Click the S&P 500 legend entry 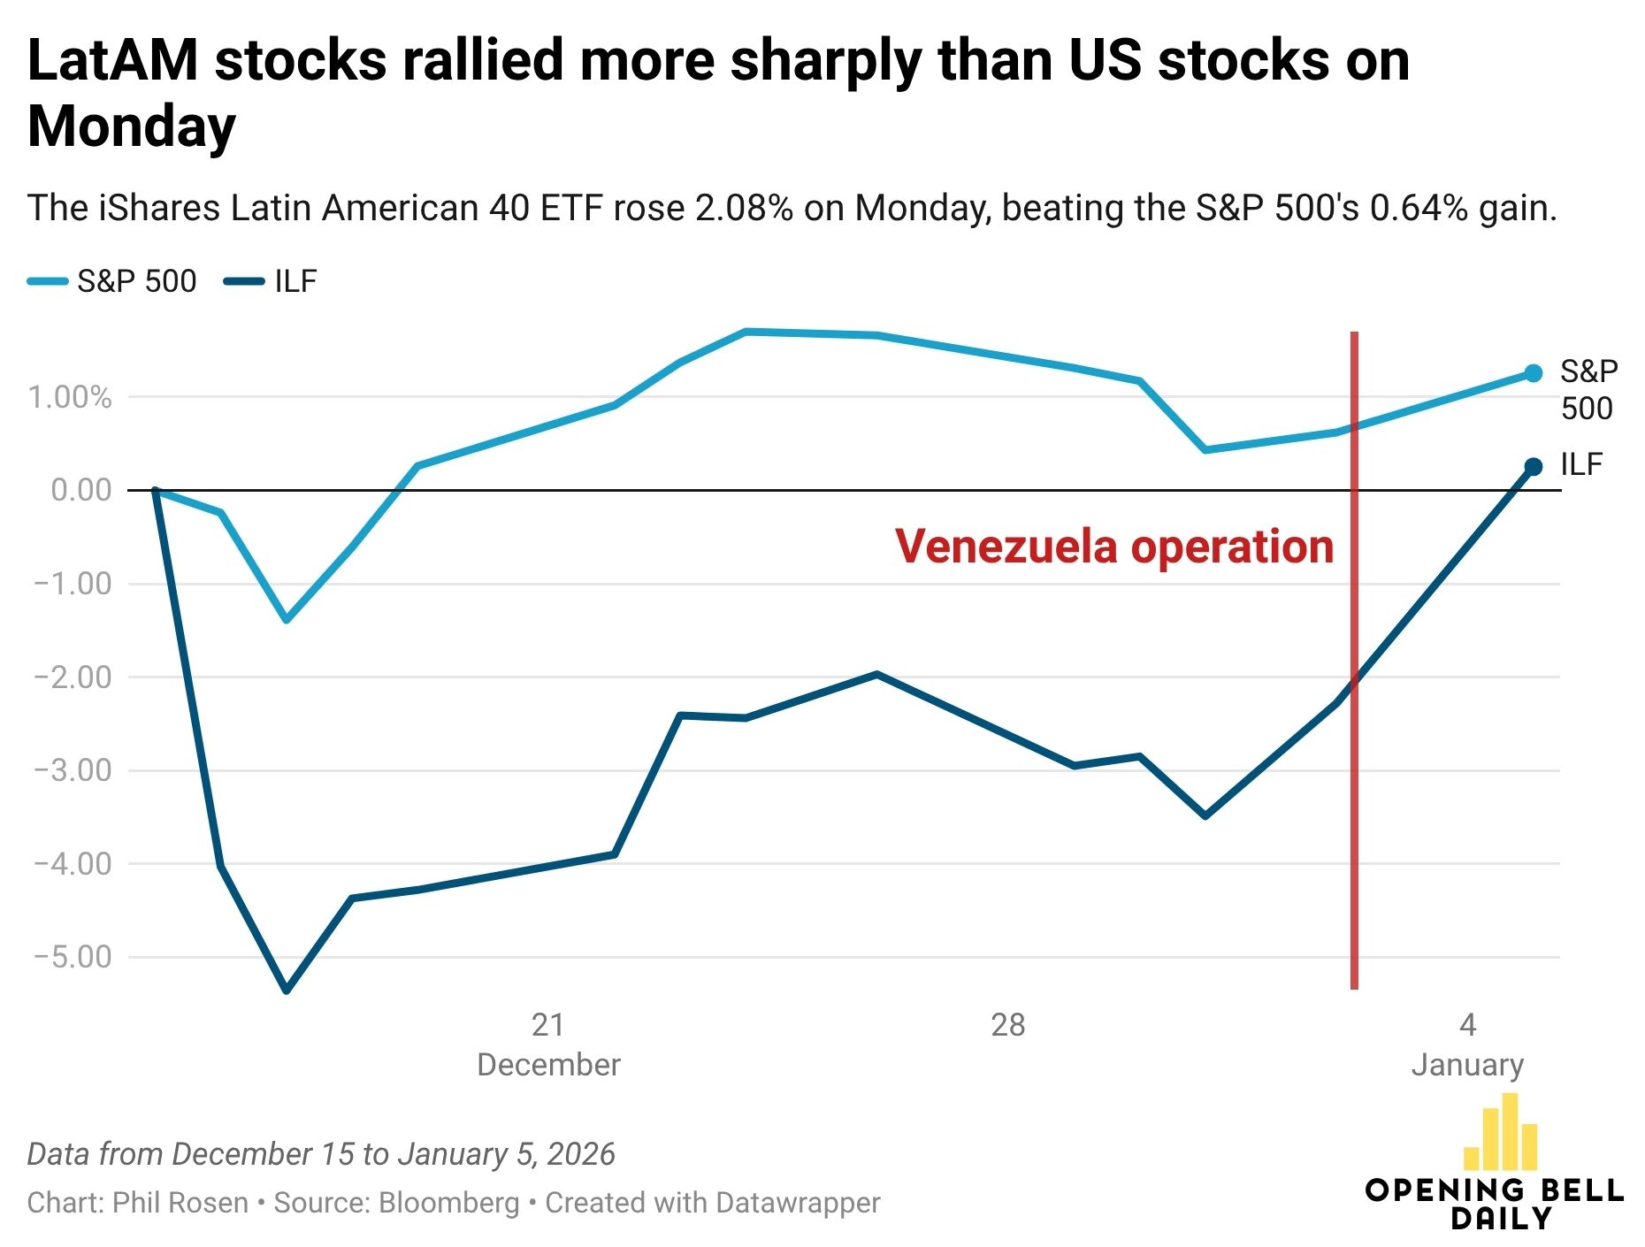(x=113, y=281)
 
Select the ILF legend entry (x=272, y=281)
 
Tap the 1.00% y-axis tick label (x=70, y=397)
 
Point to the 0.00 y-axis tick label (x=81, y=490)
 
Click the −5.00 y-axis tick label (x=73, y=957)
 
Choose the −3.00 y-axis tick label (x=73, y=770)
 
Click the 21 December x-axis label (x=548, y=1044)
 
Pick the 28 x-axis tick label (x=1007, y=1025)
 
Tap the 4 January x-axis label (x=1467, y=1044)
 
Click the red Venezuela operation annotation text (x=1113, y=547)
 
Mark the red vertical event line (x=1354, y=796)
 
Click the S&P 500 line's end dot (x=1534, y=374)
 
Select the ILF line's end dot (x=1534, y=467)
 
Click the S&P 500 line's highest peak (x=746, y=332)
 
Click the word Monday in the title (x=132, y=126)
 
